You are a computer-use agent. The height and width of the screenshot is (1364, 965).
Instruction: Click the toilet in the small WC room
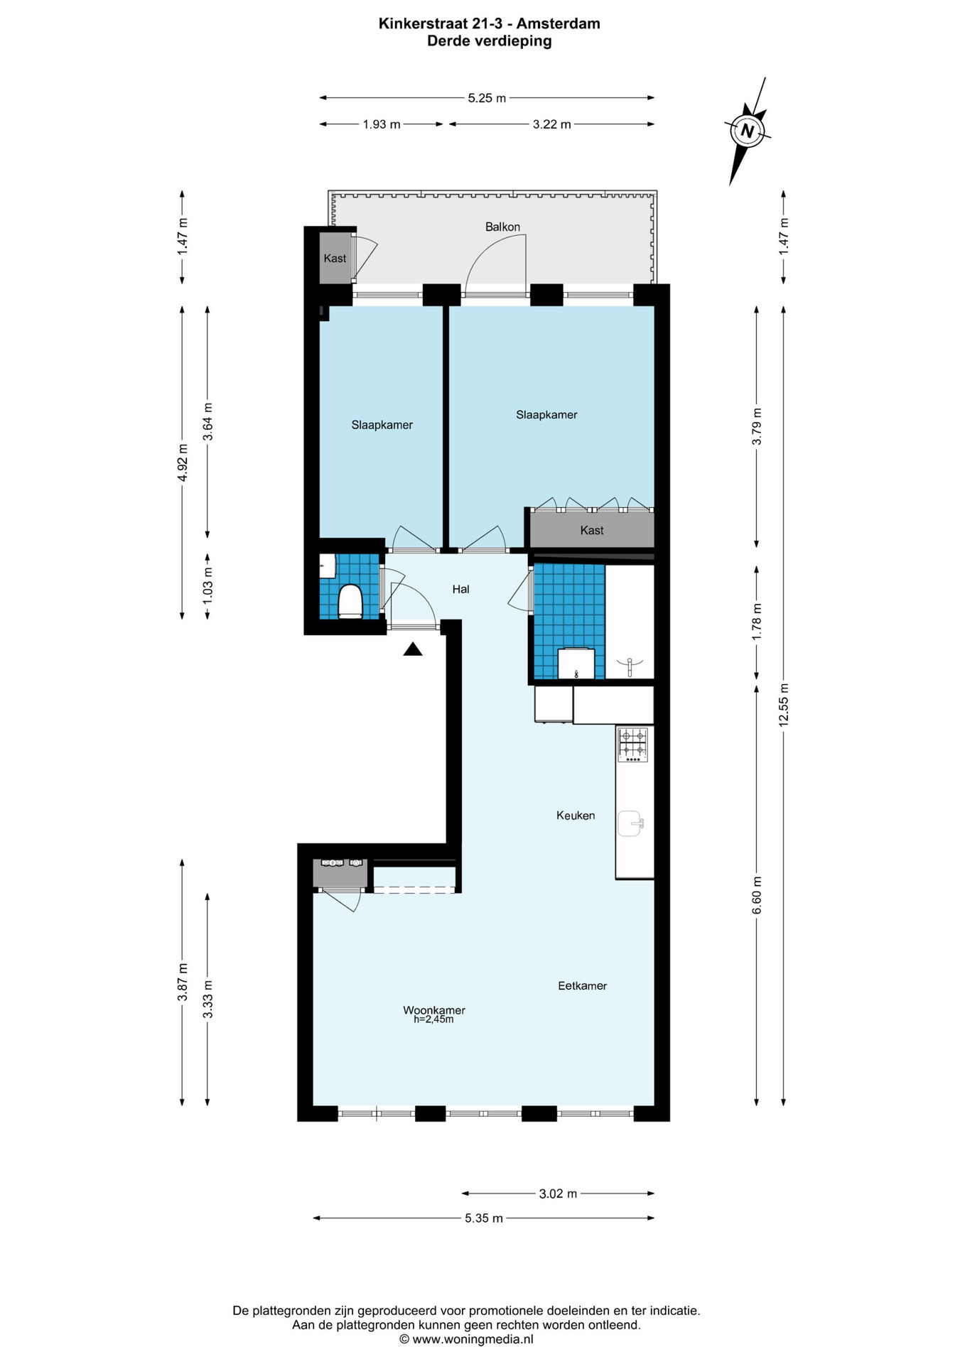[x=350, y=602]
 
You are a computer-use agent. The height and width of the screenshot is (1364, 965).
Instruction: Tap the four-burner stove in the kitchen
[x=633, y=745]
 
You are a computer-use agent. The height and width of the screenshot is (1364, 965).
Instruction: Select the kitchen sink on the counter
[x=630, y=824]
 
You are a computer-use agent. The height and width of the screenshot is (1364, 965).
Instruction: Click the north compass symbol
[x=747, y=131]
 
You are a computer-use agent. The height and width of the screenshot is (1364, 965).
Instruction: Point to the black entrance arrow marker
[x=413, y=649]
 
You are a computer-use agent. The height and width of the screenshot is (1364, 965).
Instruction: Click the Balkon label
[x=502, y=227]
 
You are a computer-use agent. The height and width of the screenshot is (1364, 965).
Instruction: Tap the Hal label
[x=460, y=589]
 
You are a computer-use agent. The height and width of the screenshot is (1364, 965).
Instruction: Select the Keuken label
[x=576, y=816]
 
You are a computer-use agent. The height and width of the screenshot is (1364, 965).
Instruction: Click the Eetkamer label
[x=582, y=986]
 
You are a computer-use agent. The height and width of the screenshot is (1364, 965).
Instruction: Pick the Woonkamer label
[x=434, y=1010]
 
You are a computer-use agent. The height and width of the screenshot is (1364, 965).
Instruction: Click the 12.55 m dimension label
[x=784, y=705]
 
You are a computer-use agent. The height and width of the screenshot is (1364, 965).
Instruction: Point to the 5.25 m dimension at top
[x=487, y=98]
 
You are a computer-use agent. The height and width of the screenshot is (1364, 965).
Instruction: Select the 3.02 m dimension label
[x=558, y=1193]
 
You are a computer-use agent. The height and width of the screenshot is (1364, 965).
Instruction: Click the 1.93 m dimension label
[x=382, y=124]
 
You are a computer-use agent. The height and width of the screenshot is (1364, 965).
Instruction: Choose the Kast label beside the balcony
[x=335, y=258]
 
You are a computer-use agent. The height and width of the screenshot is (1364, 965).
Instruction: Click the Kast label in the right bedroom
[x=591, y=530]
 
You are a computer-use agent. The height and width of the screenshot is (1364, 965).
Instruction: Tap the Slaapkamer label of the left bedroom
[x=382, y=425]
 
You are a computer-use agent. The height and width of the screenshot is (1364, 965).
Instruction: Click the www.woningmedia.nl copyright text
[x=466, y=1339]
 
